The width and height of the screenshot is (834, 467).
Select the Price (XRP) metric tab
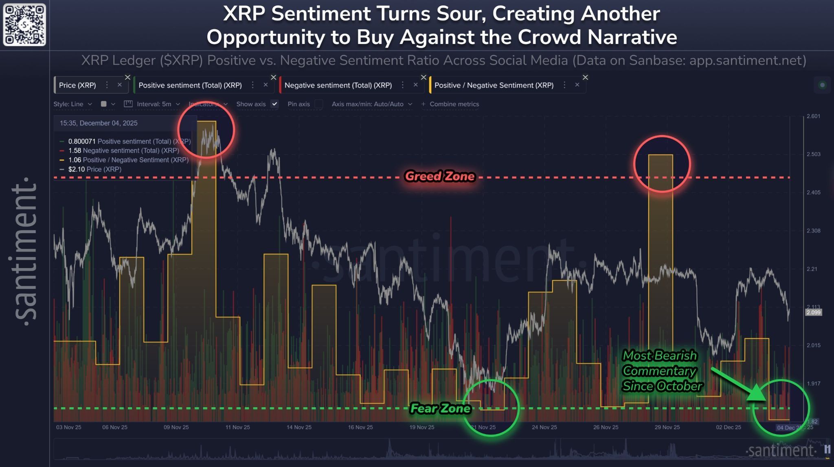[x=77, y=85]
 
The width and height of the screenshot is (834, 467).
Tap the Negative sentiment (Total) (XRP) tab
[x=338, y=85]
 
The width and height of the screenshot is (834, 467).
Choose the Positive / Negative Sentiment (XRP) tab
[x=494, y=85]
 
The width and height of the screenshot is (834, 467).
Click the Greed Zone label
[x=440, y=176]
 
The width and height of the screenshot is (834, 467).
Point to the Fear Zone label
[x=440, y=408]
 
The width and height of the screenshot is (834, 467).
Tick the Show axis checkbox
[x=275, y=104]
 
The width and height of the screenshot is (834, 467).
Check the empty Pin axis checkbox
[x=319, y=104]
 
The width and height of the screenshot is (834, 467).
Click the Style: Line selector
[x=72, y=104]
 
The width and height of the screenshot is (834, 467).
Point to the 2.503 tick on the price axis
[x=813, y=154]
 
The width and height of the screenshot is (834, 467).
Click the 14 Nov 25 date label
[x=299, y=427]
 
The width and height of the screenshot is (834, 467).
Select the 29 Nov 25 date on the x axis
[x=667, y=427]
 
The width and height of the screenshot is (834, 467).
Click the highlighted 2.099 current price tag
[x=813, y=312]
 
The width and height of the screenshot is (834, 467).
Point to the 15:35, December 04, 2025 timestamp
[x=99, y=123]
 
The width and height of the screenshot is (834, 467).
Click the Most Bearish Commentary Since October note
[x=662, y=371]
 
